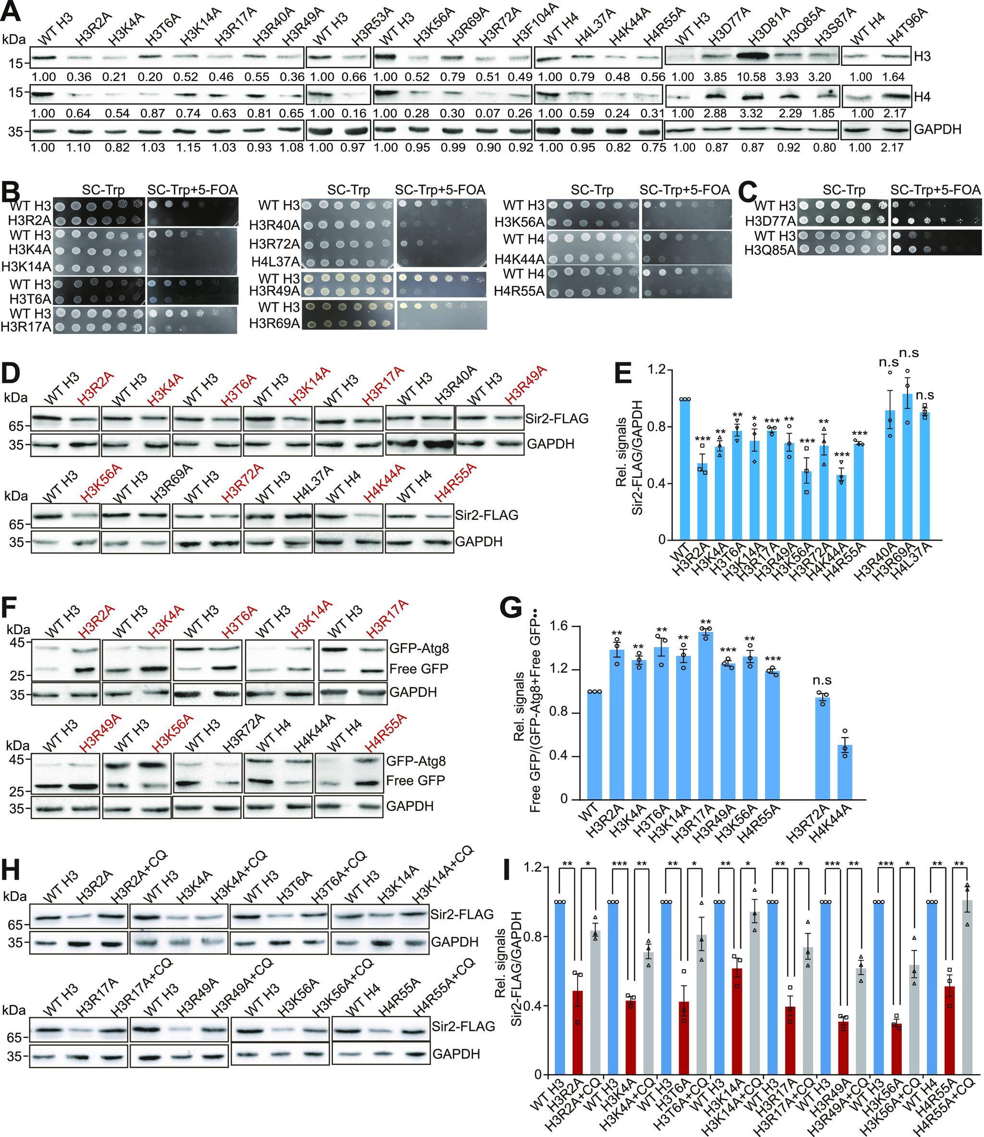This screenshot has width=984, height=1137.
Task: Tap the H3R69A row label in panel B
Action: click(x=274, y=323)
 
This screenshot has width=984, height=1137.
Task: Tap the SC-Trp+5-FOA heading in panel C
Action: click(x=935, y=190)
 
